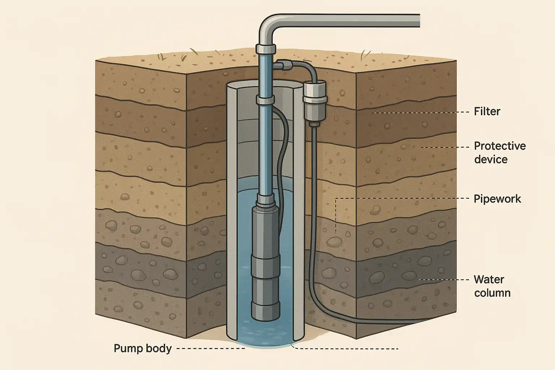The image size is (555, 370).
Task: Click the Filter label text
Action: (487, 111)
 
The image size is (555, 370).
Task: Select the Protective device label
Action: (499, 152)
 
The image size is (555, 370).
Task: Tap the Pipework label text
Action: (497, 199)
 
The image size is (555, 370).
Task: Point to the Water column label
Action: (492, 286)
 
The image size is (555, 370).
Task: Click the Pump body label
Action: (142, 348)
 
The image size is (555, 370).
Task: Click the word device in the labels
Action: (491, 159)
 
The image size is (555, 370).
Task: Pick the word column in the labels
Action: (492, 293)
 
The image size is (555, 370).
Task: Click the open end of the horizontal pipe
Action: (418, 21)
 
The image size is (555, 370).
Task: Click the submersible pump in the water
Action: (266, 260)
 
